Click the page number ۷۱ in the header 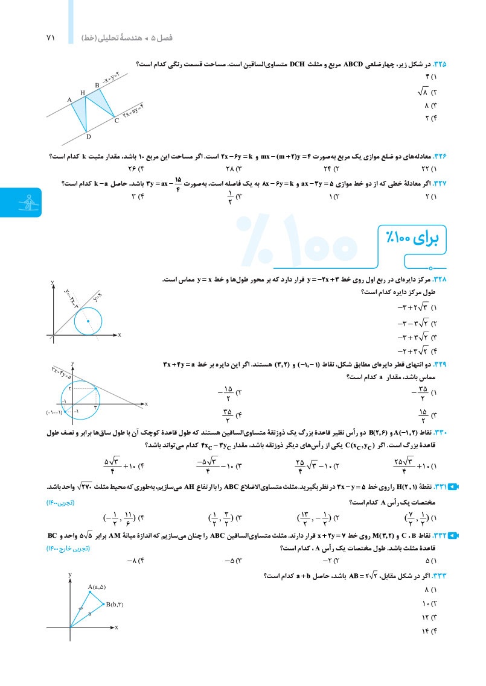point(50,37)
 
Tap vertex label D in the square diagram point(88,136)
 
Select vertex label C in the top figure point(117,121)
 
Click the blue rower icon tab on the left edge point(21,202)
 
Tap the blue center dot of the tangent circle point(88,321)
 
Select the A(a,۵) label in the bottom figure point(97,587)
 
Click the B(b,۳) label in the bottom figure point(114,604)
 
